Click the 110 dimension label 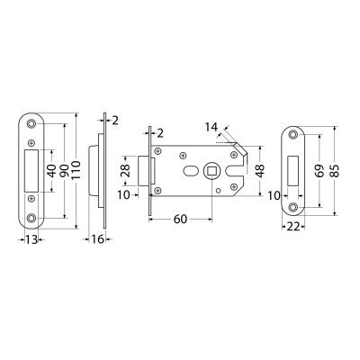point(76,170)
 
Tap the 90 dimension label point(65,170)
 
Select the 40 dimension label point(52,170)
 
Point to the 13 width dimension point(31,239)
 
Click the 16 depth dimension point(97,239)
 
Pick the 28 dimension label point(126,170)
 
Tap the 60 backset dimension point(180,220)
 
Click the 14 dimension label point(211,127)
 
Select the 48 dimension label point(260,171)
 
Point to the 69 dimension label point(320,170)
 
